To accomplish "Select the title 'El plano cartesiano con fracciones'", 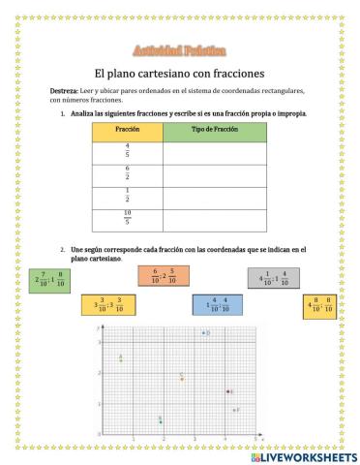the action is point(178,72).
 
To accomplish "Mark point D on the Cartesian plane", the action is point(202,332).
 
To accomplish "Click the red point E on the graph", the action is point(228,391).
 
